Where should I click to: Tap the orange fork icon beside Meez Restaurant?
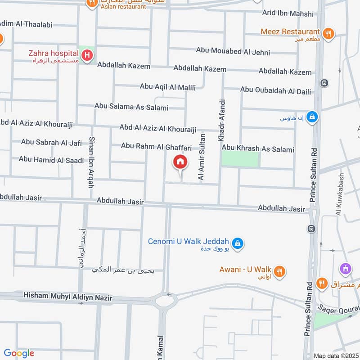click(328, 33)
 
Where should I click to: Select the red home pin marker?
click(180, 162)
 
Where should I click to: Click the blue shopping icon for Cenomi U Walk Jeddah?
click(238, 244)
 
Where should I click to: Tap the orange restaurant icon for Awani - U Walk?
click(280, 271)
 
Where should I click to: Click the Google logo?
click(19, 353)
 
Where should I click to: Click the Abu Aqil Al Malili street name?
click(168, 87)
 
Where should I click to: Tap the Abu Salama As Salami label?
click(131, 107)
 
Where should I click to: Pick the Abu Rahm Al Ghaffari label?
click(157, 147)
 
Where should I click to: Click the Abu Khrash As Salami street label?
click(258, 149)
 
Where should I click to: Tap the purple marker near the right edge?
click(345, 269)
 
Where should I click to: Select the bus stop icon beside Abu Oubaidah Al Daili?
click(324, 83)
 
